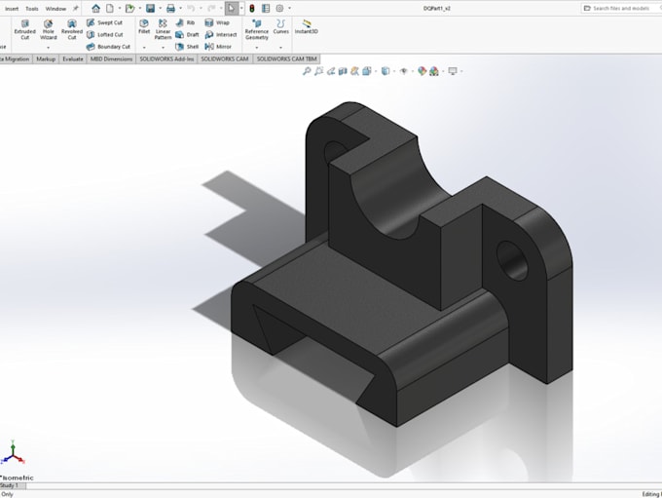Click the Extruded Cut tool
tap(24, 29)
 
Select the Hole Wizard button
tap(48, 29)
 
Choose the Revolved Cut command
tap(72, 29)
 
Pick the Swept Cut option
tap(104, 22)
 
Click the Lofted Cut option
tap(104, 34)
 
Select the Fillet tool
tap(144, 26)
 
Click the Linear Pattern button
tap(163, 29)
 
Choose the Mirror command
tap(218, 46)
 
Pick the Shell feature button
tap(187, 46)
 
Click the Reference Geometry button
tap(256, 29)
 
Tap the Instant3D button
tap(307, 26)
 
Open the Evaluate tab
tap(73, 58)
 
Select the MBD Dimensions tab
tap(111, 58)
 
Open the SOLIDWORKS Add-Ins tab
tap(166, 58)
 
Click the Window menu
tap(55, 8)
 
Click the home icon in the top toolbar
tap(95, 8)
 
